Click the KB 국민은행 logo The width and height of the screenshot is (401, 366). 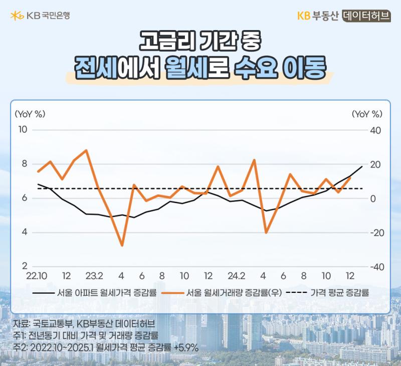[x=40, y=16]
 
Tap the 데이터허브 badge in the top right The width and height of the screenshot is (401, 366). [x=366, y=16]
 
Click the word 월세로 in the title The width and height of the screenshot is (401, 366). [x=197, y=67]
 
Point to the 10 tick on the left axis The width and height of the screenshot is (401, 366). [x=23, y=130]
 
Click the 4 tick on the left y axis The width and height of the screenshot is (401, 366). [x=25, y=232]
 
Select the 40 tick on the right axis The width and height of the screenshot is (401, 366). [x=375, y=130]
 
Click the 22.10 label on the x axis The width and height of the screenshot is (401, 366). [x=37, y=276]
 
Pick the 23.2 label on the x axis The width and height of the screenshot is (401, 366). [x=94, y=276]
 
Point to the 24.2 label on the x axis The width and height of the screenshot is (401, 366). [x=236, y=276]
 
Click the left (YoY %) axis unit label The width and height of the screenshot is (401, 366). [x=30, y=114]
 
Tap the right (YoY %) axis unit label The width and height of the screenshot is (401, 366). [x=367, y=114]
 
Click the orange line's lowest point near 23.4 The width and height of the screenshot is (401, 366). [x=122, y=246]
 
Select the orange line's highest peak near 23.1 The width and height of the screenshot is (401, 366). [x=86, y=150]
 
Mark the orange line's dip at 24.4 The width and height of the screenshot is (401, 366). [x=266, y=233]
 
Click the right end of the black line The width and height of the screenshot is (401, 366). [x=362, y=166]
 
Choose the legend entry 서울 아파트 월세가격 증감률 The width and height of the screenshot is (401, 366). [x=94, y=292]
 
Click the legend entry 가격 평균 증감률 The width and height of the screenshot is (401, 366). [x=327, y=292]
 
